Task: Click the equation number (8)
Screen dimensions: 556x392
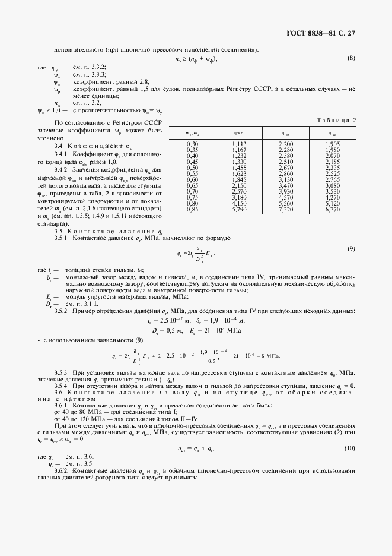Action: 350,58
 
